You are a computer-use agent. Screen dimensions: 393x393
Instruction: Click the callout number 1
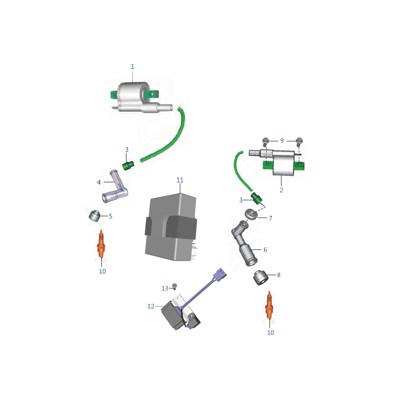(x=132, y=67)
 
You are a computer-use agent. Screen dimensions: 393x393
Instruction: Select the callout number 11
(x=180, y=180)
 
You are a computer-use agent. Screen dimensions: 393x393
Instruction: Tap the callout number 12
(x=151, y=306)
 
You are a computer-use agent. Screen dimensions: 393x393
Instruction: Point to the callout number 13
(x=165, y=288)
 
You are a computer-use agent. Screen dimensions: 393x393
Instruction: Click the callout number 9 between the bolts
(x=282, y=140)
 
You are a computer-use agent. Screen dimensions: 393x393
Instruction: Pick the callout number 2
(x=281, y=190)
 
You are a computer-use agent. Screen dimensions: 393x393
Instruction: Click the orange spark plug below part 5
(x=102, y=246)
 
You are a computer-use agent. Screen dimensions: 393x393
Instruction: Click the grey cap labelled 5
(x=95, y=216)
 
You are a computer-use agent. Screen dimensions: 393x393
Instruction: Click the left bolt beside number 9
(x=266, y=140)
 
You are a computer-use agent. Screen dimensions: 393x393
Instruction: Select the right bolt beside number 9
(x=299, y=140)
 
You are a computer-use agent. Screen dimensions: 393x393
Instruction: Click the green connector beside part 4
(x=128, y=166)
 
